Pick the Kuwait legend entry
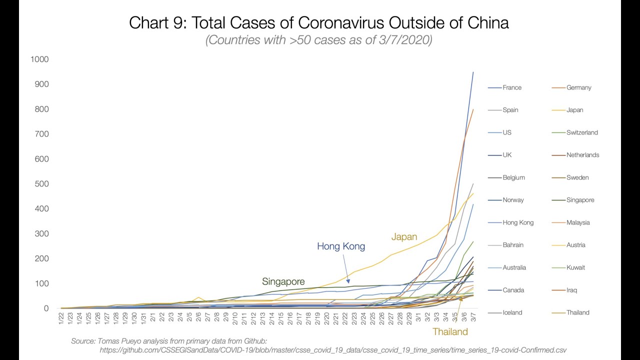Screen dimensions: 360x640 click(575, 267)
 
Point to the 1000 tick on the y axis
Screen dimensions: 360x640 click(39, 59)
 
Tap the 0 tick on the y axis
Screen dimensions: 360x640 click(46, 308)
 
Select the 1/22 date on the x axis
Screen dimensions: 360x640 click(61, 318)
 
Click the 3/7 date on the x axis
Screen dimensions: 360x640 click(473, 318)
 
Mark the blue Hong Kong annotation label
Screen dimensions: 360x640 click(341, 246)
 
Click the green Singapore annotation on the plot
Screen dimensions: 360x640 click(283, 281)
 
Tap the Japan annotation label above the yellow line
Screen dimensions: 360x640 click(404, 237)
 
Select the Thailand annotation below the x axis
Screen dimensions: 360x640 click(450, 331)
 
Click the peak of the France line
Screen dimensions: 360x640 click(473, 72)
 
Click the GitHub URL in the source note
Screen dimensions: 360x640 click(332, 350)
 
